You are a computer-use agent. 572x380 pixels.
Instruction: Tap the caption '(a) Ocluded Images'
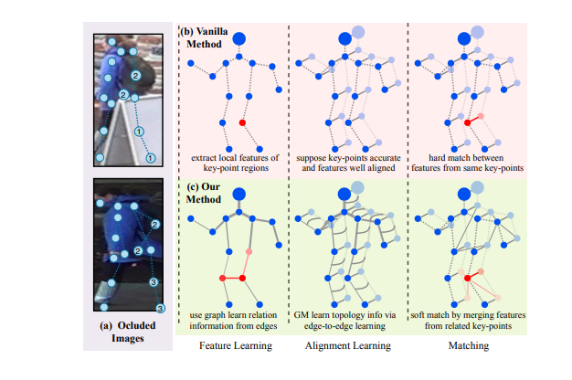[125, 329]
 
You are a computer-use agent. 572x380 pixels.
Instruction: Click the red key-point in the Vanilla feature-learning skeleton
[242, 122]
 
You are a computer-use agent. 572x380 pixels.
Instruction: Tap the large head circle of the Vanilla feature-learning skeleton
[240, 38]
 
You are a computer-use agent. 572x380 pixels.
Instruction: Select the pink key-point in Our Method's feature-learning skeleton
[248, 252]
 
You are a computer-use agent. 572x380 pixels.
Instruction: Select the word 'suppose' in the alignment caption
[314, 157]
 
